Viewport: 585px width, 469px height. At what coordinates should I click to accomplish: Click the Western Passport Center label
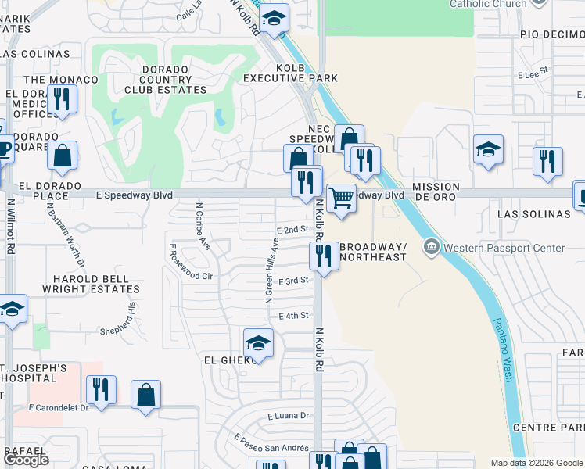tap(504, 249)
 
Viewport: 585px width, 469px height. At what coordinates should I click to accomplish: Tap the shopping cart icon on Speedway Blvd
tap(341, 198)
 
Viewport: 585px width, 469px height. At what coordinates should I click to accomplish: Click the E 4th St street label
tap(294, 316)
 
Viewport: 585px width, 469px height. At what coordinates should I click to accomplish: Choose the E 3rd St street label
tap(294, 281)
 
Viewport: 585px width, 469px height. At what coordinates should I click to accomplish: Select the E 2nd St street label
tap(293, 230)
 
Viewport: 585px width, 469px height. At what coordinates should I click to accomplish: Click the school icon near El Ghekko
tap(258, 343)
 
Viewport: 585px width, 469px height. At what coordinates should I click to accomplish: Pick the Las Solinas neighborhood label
tap(534, 213)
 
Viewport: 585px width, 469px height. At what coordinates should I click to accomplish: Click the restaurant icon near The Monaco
tap(61, 99)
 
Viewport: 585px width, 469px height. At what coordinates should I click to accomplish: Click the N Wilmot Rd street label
tap(11, 227)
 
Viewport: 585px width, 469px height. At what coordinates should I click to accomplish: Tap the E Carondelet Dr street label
tap(59, 407)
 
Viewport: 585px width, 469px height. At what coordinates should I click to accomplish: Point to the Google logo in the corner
tap(26, 460)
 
